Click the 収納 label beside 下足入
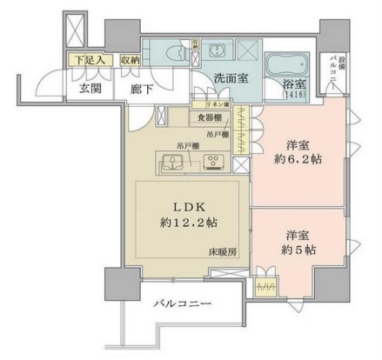pyautogui.click(x=130, y=60)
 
